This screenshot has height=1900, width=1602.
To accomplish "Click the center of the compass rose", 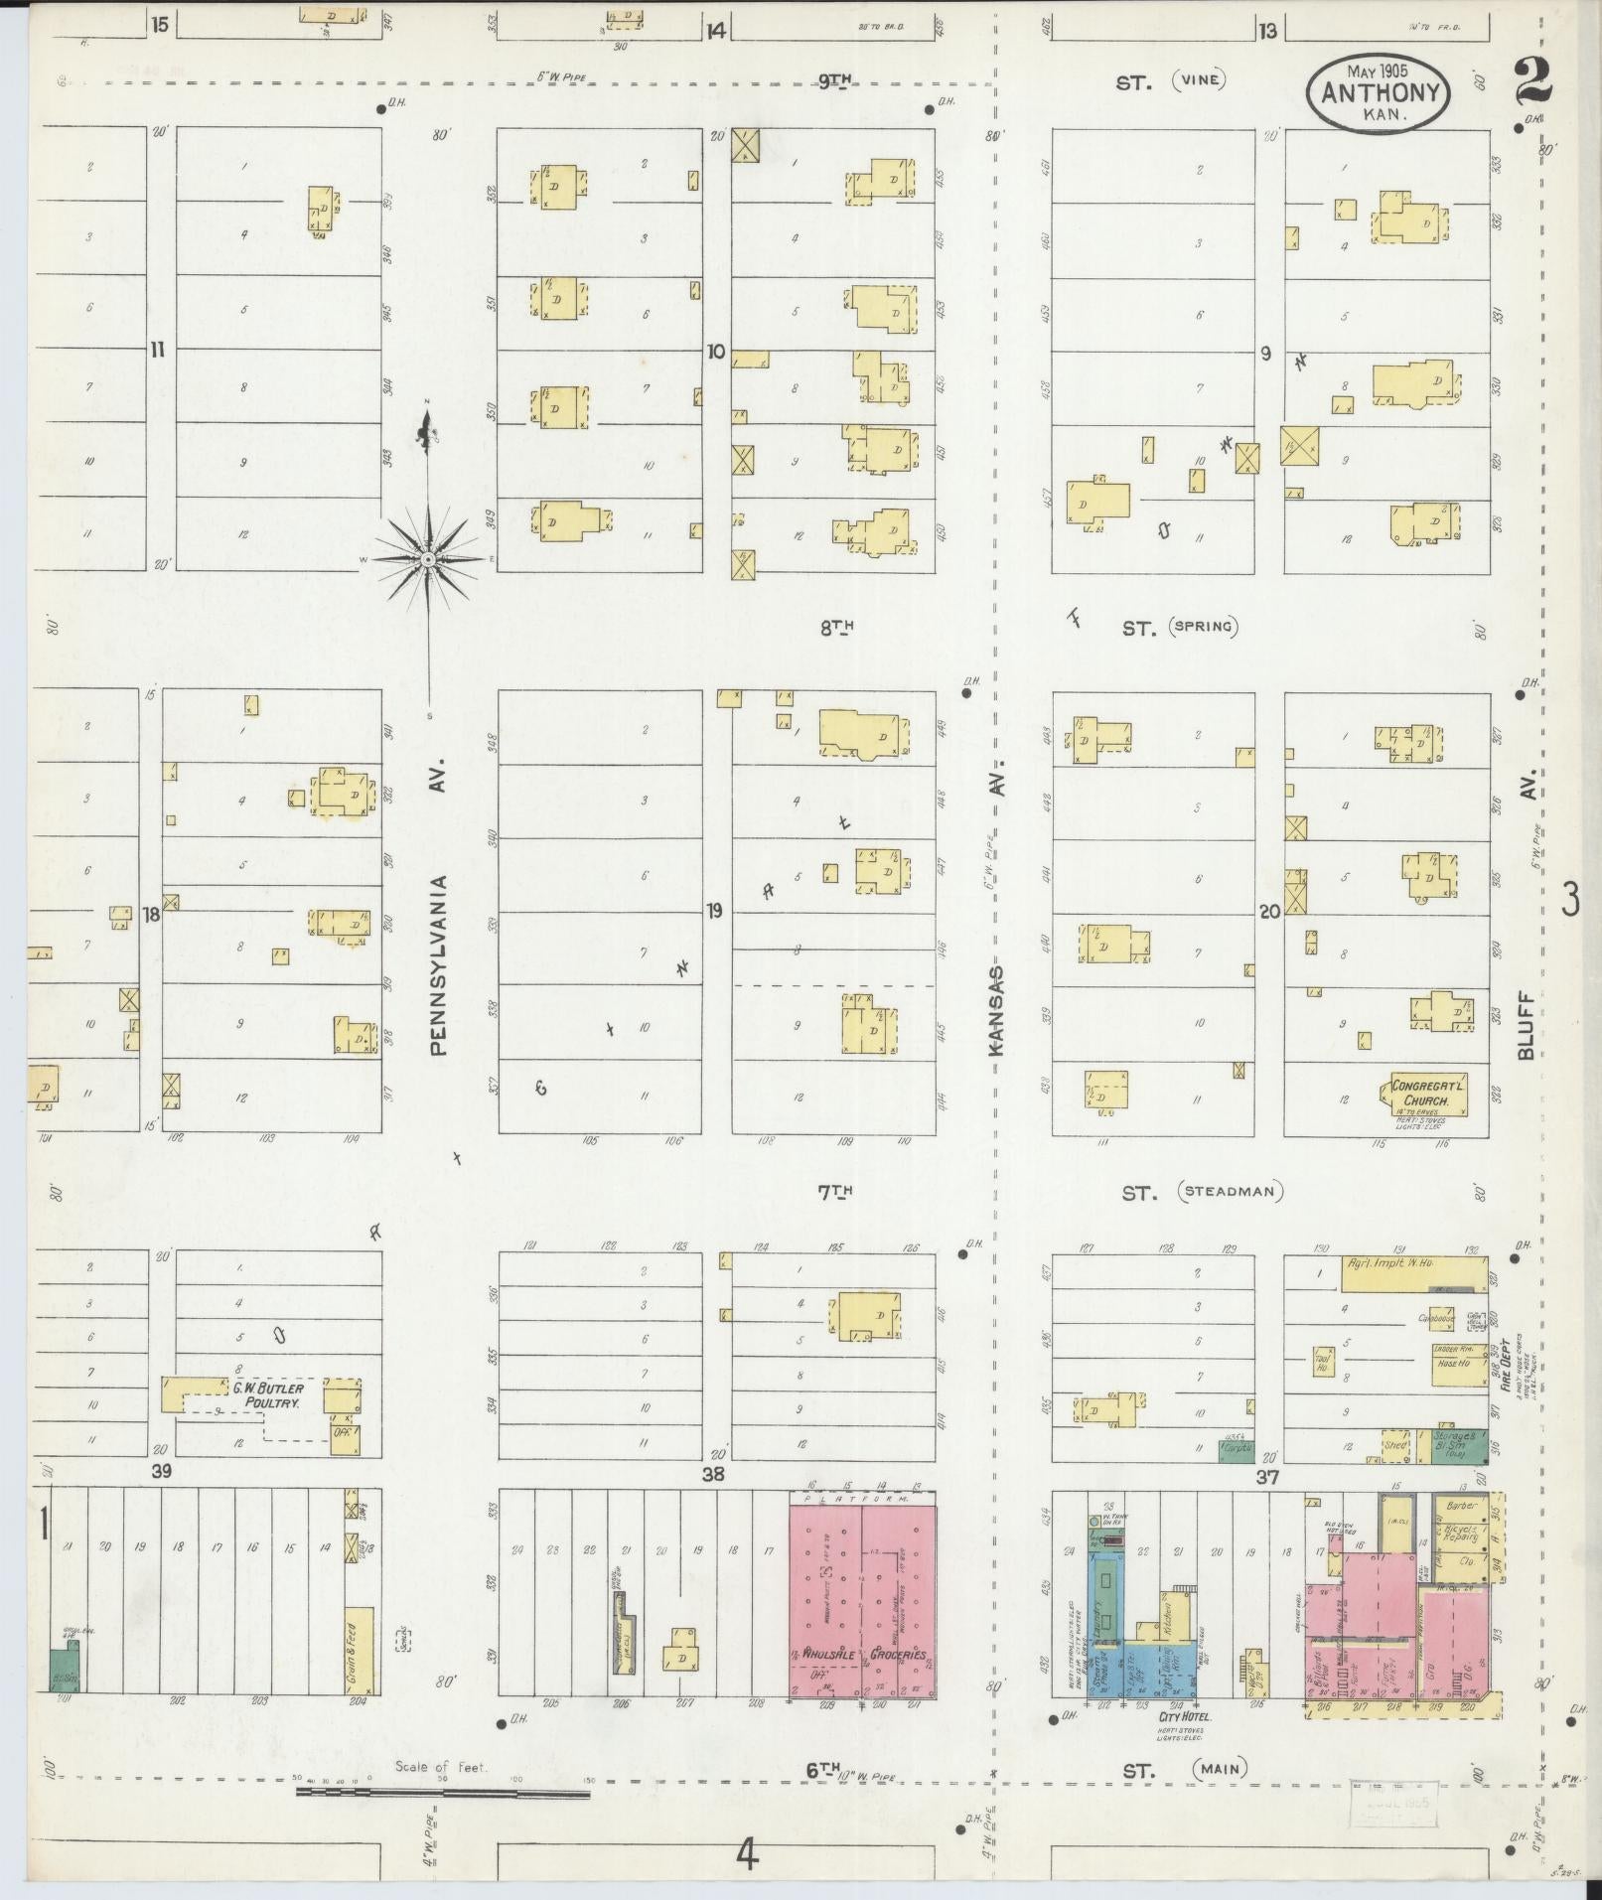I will tap(428, 560).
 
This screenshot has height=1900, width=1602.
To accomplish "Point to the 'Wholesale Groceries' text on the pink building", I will tap(861, 1656).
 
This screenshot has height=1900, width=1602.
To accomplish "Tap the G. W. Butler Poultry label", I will tap(267, 1394).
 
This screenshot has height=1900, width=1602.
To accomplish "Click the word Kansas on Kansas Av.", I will tap(998, 1010).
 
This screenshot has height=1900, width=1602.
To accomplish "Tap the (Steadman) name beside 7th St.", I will tap(1231, 1192).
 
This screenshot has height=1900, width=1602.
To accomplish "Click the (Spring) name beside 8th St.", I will tap(1204, 627).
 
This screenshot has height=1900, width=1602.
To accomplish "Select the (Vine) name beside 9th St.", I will tap(1199, 80).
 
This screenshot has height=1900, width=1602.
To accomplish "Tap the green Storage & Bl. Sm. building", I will tap(1459, 1445).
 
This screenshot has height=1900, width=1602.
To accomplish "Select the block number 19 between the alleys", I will tap(714, 911).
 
